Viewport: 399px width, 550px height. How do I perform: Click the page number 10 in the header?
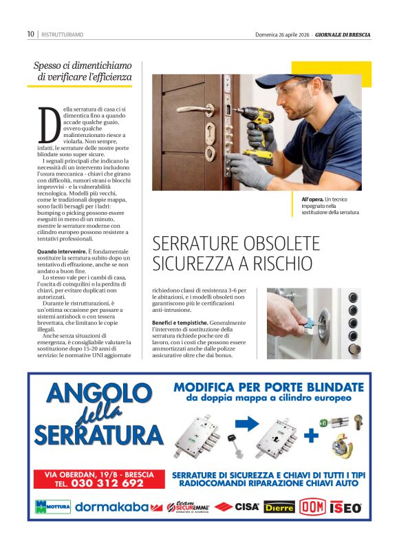(30, 34)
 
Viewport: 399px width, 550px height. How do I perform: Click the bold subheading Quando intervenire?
(61, 252)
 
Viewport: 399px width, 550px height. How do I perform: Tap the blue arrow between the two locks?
(246, 423)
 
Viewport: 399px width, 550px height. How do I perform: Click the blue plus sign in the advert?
(310, 434)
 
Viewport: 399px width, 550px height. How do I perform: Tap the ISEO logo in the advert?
(346, 507)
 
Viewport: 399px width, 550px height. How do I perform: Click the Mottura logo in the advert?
(52, 507)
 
